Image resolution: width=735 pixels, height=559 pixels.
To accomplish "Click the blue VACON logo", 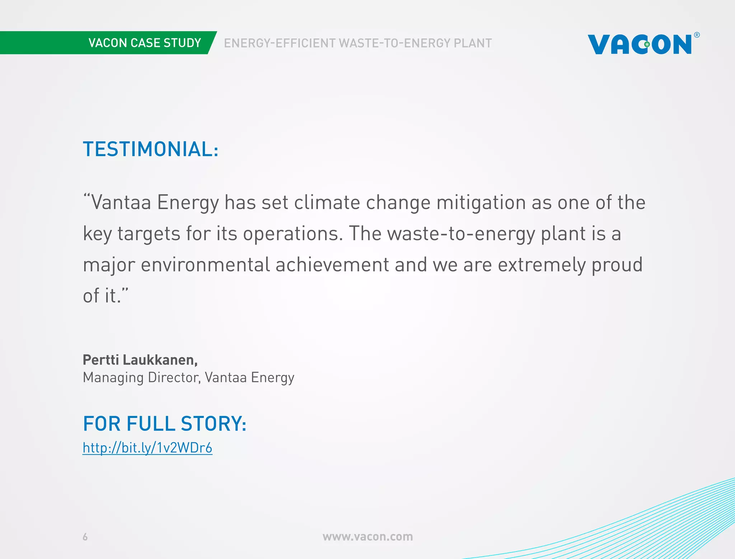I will [x=640, y=45].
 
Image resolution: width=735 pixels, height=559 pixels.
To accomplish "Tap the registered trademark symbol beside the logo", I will [x=697, y=35].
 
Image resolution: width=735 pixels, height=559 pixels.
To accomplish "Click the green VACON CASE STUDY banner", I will [x=145, y=43].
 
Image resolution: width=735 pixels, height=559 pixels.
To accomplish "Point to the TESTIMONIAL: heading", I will [x=150, y=149].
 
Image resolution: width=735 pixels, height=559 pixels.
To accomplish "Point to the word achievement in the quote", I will [x=332, y=265].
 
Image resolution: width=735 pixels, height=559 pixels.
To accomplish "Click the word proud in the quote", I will [x=617, y=265].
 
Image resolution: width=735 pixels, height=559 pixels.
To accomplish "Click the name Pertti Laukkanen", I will [x=140, y=360].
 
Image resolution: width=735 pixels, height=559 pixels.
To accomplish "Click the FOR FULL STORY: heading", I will [x=164, y=424].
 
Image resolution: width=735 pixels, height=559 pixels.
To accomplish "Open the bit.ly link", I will [x=147, y=448].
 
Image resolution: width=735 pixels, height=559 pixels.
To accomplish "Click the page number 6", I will [x=85, y=537].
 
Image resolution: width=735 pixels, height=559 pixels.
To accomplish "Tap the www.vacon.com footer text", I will [x=367, y=537].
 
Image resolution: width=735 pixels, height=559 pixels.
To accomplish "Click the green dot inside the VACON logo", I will [x=647, y=45].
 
